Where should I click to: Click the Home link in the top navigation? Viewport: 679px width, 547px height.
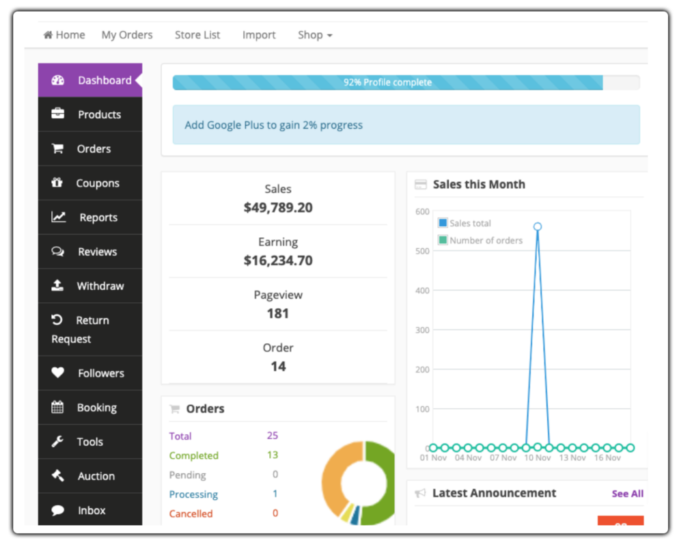coord(64,35)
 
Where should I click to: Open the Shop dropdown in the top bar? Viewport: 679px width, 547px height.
coord(315,35)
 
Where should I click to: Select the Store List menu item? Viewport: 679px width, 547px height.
coord(197,35)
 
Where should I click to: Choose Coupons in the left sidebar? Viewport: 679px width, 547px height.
coord(98,183)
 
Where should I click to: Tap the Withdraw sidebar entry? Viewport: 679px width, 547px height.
coord(100,286)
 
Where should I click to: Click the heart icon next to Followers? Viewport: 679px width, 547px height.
coord(58,373)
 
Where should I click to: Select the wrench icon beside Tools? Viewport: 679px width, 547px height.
coord(58,442)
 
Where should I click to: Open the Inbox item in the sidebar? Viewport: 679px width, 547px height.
coord(92,510)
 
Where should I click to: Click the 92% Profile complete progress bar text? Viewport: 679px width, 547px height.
coord(387,83)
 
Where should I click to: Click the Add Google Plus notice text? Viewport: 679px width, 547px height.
coord(273,125)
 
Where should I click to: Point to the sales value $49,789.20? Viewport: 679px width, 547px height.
coord(278,207)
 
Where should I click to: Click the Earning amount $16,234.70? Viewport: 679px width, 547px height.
coord(278,260)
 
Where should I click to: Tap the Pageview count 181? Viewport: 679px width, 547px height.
coord(278,313)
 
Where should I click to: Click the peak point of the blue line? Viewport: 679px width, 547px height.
coord(538,226)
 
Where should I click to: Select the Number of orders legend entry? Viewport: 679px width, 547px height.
coord(486,241)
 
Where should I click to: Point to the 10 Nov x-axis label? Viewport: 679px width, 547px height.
coord(537,457)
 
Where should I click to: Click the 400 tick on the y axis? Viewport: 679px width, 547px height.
coord(421,291)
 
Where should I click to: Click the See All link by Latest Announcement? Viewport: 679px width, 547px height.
coord(627,494)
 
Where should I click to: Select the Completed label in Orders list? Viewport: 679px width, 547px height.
coord(194,455)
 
